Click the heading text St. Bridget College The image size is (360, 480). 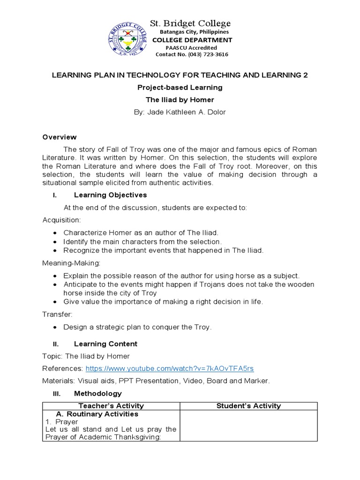pos(189,23)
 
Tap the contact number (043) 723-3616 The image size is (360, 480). pos(192,54)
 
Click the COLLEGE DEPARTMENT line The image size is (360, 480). pos(192,40)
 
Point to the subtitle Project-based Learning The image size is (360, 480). pos(180,88)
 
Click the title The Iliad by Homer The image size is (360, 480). pos(180,100)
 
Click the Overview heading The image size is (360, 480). pos(60,137)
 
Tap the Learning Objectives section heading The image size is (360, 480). pos(110,195)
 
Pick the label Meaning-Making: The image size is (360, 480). pos(67,263)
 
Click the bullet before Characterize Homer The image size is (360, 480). pos(56,233)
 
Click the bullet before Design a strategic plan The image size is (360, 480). pos(56,327)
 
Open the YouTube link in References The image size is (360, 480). pos(170,369)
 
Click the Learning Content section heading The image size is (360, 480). pos(105,344)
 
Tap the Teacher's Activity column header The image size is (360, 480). pos(111,406)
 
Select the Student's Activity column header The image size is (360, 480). pos(248,406)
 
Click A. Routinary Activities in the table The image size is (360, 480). pos(97,414)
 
